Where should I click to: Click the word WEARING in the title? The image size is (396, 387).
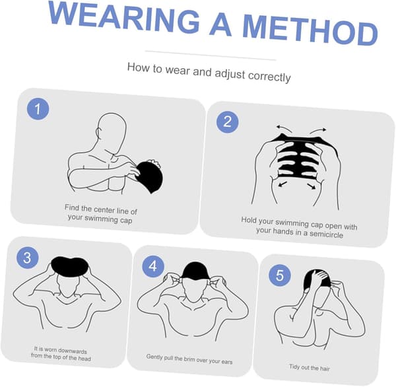(x=124, y=17)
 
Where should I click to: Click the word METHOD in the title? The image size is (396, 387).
(x=310, y=30)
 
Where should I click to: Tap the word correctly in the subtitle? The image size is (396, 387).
(x=269, y=77)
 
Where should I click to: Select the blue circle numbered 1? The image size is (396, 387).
(x=38, y=109)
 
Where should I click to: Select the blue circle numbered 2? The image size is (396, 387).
(x=227, y=122)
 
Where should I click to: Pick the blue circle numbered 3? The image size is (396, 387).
(x=28, y=258)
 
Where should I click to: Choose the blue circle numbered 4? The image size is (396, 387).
(x=153, y=266)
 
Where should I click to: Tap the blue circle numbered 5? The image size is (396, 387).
(x=280, y=275)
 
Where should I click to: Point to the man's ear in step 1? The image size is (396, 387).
(x=98, y=132)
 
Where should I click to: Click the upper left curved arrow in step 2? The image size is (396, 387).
(x=284, y=128)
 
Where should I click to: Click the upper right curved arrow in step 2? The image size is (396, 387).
(x=318, y=130)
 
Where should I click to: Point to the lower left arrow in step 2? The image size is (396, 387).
(x=282, y=184)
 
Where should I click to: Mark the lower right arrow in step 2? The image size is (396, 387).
(x=312, y=186)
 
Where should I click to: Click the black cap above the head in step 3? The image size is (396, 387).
(x=69, y=267)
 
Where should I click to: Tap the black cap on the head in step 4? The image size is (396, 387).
(x=195, y=271)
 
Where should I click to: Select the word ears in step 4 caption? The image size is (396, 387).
(x=227, y=362)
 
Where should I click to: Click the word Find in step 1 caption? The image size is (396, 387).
(x=72, y=207)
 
